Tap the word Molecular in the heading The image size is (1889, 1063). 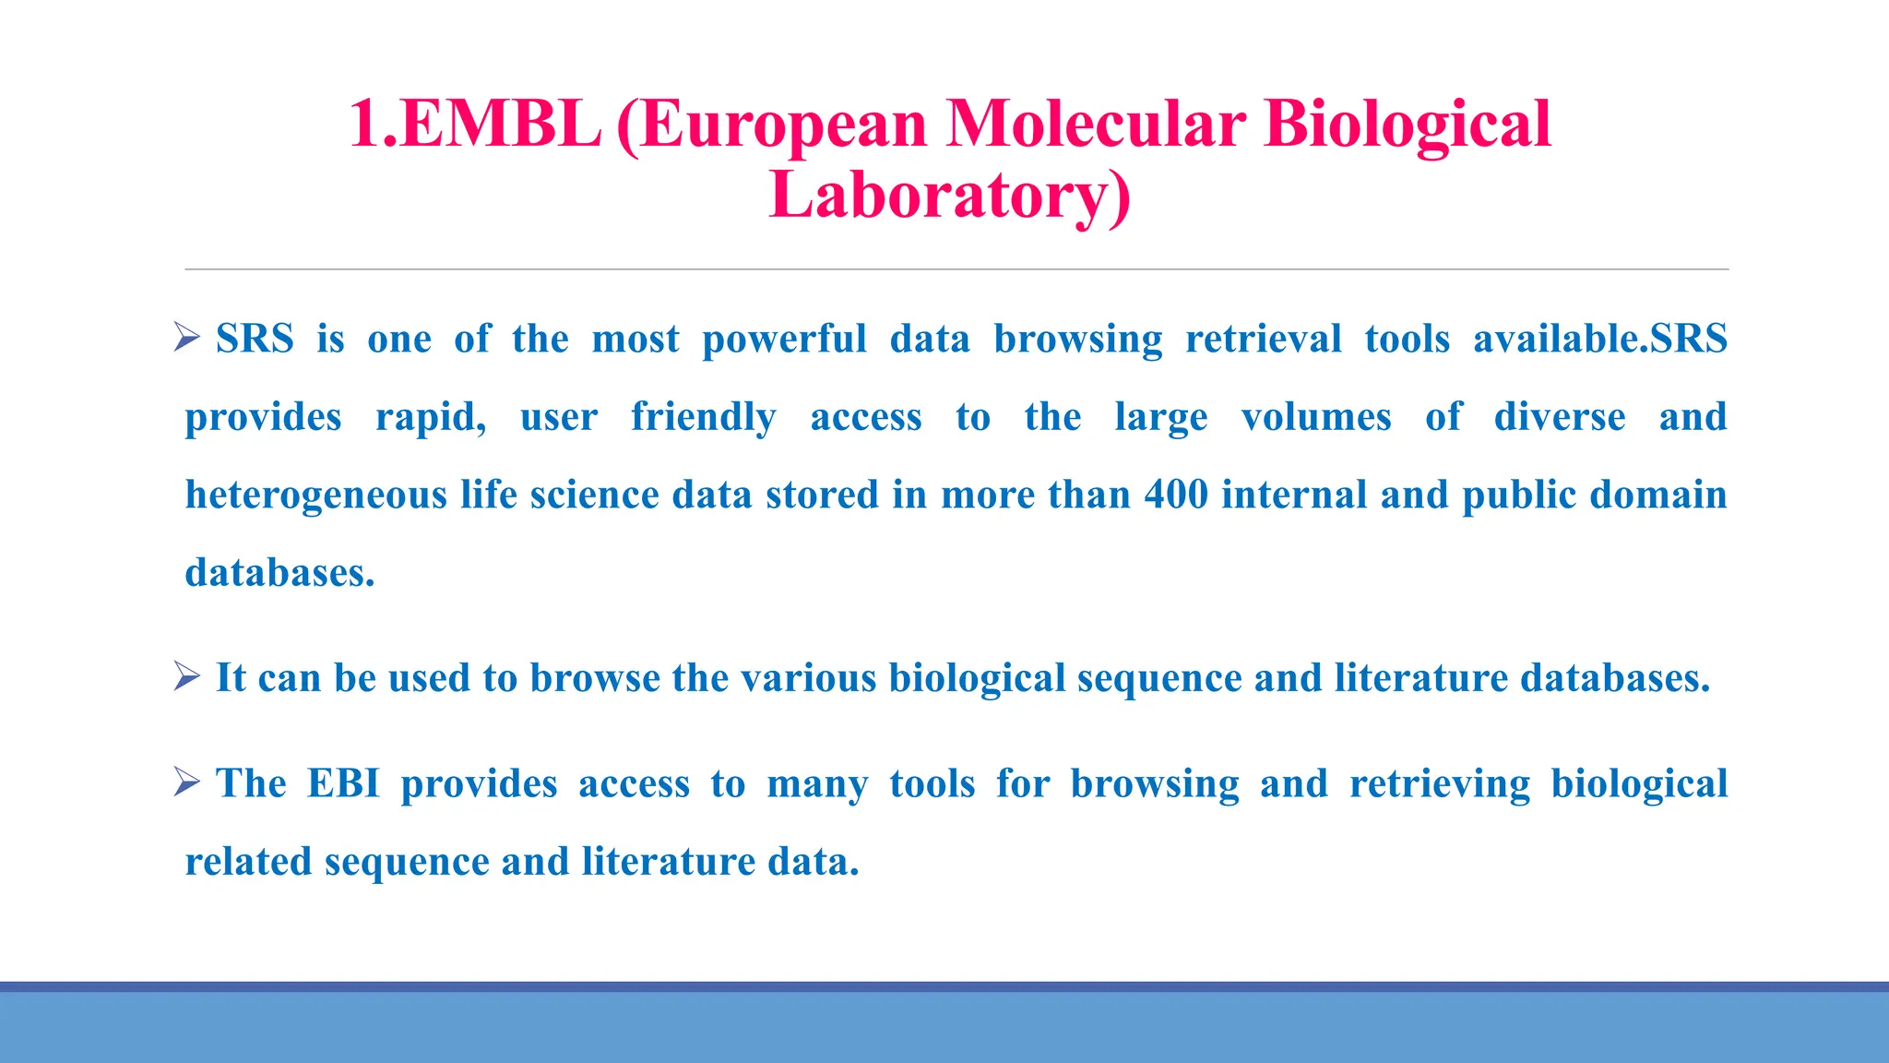pyautogui.click(x=1095, y=125)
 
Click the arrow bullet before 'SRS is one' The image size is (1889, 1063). pyautogui.click(x=187, y=338)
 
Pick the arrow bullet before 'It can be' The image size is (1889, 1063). pyautogui.click(x=187, y=677)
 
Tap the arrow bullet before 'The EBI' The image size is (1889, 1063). pyautogui.click(x=187, y=782)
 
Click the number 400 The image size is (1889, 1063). pyautogui.click(x=1176, y=495)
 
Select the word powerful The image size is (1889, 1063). pyautogui.click(x=784, y=340)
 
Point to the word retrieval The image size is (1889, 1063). pyautogui.click(x=1263, y=339)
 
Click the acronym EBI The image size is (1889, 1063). pyautogui.click(x=343, y=783)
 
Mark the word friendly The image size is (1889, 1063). pyautogui.click(x=703, y=417)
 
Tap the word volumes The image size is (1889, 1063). pyautogui.click(x=1316, y=417)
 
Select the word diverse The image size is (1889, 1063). pyautogui.click(x=1560, y=417)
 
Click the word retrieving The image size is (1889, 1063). pyautogui.click(x=1439, y=784)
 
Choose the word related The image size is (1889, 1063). pyautogui.click(x=248, y=862)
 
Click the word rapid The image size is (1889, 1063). pyautogui.click(x=430, y=418)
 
